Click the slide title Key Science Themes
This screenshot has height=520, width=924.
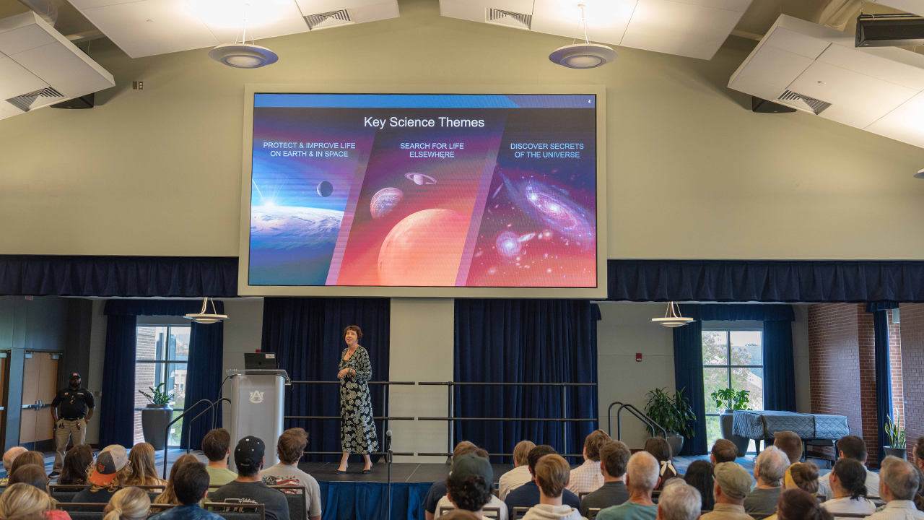click(x=424, y=122)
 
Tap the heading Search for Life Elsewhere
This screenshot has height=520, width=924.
click(x=432, y=150)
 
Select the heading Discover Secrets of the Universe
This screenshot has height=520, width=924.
click(x=547, y=150)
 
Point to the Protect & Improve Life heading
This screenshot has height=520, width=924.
click(x=309, y=149)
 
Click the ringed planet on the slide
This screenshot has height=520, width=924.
click(x=420, y=178)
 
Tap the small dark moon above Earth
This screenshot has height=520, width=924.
click(x=325, y=188)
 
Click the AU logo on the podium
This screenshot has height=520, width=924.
click(x=256, y=396)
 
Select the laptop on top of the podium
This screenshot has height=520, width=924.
click(x=260, y=361)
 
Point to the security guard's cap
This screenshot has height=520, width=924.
click(x=74, y=376)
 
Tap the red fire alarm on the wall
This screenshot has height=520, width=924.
click(x=639, y=357)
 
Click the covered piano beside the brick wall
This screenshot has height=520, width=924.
click(x=790, y=425)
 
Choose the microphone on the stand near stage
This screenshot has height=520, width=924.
click(x=388, y=435)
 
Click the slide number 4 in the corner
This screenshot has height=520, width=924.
click(x=589, y=101)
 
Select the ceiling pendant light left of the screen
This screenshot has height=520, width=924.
click(x=243, y=56)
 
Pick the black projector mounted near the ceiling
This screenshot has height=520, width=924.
click(x=889, y=30)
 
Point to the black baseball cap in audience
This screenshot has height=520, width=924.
click(x=250, y=451)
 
